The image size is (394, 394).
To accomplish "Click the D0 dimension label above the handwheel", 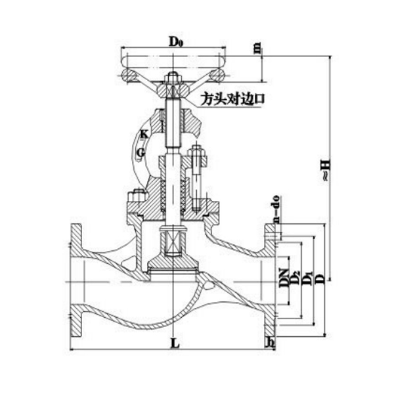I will (x=175, y=41).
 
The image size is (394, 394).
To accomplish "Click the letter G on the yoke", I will (x=140, y=152).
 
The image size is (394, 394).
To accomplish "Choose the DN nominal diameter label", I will (x=283, y=278).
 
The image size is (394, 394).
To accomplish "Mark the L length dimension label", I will (x=172, y=343).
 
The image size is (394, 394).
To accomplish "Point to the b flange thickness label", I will (x=270, y=342).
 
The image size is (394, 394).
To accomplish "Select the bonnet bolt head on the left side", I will (x=136, y=196).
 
